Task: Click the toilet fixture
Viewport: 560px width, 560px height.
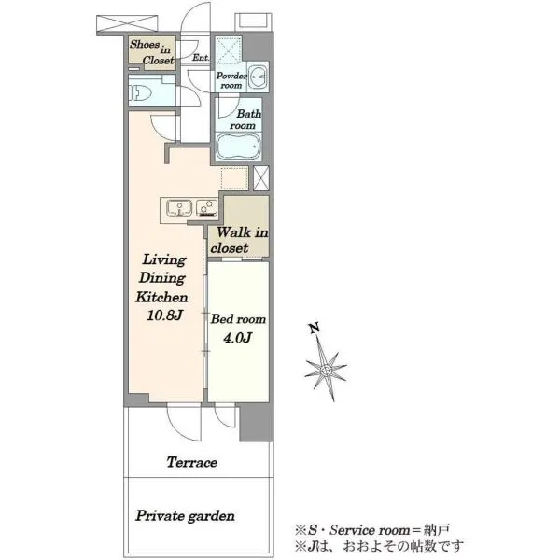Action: [x=140, y=93]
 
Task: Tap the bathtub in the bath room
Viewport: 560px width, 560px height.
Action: [x=238, y=147]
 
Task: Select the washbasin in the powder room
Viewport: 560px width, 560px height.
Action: [x=258, y=77]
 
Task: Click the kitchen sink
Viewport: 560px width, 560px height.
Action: [x=179, y=208]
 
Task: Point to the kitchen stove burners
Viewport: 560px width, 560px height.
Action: [x=207, y=208]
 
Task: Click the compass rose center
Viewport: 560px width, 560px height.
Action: [x=326, y=370]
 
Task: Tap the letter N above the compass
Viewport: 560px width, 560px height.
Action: [x=315, y=329]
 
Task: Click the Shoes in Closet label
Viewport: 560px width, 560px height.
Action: [x=152, y=52]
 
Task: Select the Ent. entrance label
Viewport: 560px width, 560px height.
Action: [x=201, y=57]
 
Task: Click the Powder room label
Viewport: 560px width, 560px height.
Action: [x=231, y=80]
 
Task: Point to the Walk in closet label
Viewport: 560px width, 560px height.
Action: [x=239, y=240]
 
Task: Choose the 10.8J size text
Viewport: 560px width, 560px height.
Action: [x=164, y=315]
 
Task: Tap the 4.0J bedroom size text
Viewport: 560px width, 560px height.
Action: [x=238, y=338]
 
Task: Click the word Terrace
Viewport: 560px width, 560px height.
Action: [x=191, y=463]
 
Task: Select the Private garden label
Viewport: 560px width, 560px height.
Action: [x=185, y=516]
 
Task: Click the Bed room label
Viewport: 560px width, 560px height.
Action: [x=238, y=319]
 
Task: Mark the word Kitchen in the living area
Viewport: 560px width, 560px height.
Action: [x=161, y=297]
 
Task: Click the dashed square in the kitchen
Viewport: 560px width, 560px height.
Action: [x=234, y=178]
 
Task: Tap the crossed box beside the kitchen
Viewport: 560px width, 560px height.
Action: [x=261, y=178]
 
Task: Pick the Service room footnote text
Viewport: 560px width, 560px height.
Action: [x=371, y=530]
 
